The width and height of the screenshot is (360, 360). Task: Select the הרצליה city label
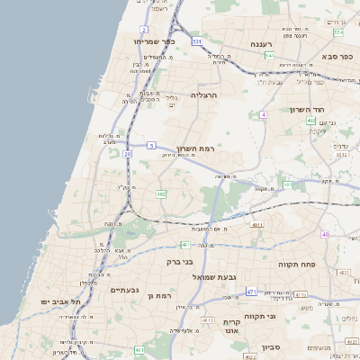pos(205,94)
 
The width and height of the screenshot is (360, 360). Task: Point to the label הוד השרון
pos(306,109)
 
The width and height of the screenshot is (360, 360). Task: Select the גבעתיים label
pos(122,290)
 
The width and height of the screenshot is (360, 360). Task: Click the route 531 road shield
pos(197,40)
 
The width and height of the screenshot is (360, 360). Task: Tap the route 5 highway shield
pos(152,145)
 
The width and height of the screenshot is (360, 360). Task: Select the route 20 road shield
pos(128,154)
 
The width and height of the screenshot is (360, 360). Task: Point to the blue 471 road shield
pos(250,292)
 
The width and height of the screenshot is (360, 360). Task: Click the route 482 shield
pos(161,193)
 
